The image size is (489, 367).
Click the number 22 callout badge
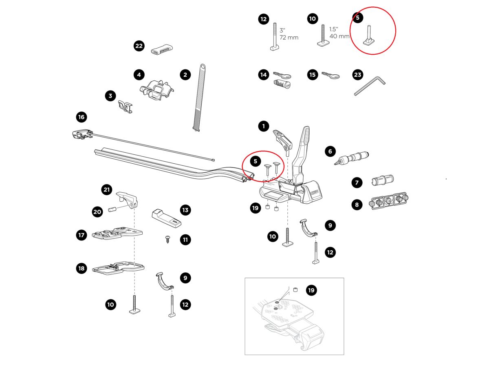[139, 46]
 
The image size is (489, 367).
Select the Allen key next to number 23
[369, 86]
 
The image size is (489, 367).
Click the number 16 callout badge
[81, 117]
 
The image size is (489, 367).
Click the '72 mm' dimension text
[289, 38]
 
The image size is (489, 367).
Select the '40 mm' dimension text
[339, 36]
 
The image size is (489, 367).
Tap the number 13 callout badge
[185, 210]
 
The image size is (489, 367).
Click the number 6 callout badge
[330, 151]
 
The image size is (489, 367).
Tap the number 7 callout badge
[357, 182]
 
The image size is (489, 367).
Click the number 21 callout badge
[106, 189]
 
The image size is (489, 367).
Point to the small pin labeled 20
[113, 210]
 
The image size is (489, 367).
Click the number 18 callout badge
[81, 268]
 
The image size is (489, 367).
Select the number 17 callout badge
[81, 235]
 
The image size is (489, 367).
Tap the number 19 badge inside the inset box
[311, 290]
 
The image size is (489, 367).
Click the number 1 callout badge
[263, 126]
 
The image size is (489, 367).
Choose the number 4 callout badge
[139, 75]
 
